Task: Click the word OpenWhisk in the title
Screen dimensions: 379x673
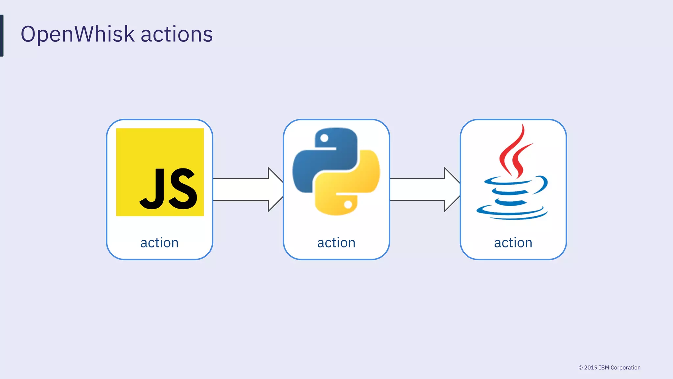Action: pos(78,34)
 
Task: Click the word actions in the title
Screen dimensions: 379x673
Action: pos(176,34)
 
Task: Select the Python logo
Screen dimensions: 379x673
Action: pos(336,171)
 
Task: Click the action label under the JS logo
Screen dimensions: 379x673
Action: pos(159,243)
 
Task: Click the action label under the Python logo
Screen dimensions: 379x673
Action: pos(336,243)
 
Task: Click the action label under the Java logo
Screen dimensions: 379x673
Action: pos(513,243)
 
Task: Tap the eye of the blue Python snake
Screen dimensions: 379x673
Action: pos(324,138)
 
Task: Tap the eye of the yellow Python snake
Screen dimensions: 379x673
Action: pos(348,205)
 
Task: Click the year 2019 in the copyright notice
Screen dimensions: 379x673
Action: pos(591,367)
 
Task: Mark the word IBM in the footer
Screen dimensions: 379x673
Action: pos(604,367)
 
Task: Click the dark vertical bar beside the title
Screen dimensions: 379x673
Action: pos(2,36)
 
